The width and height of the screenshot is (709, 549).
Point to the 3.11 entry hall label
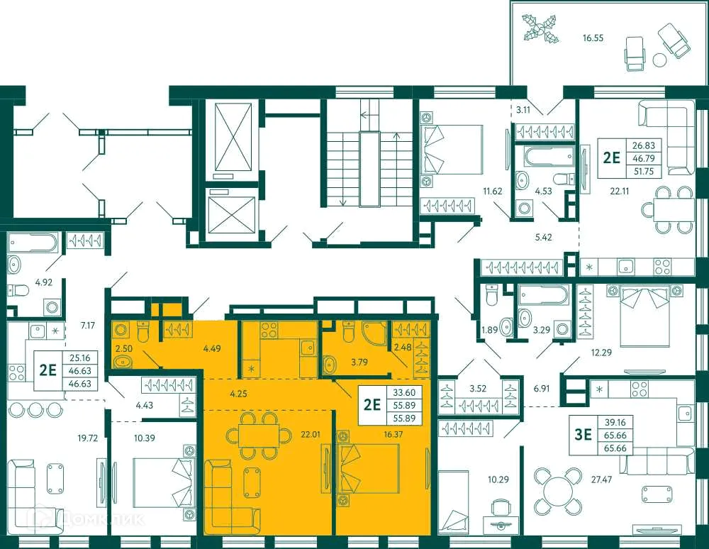pyautogui.click(x=523, y=109)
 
